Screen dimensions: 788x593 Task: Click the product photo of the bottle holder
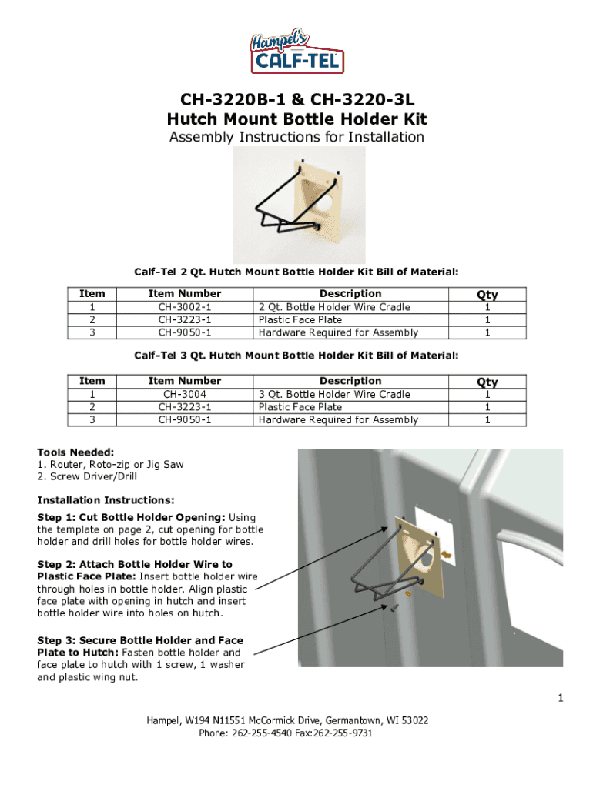pyautogui.click(x=299, y=204)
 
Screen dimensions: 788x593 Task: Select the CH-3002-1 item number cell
pyautogui.click(x=184, y=307)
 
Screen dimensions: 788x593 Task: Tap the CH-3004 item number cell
pyautogui.click(x=184, y=394)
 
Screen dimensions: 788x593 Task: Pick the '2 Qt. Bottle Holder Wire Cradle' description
pyautogui.click(x=334, y=307)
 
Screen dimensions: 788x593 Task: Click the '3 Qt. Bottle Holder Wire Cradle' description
pyautogui.click(x=334, y=394)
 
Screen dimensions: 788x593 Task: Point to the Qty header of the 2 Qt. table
pyautogui.click(x=487, y=294)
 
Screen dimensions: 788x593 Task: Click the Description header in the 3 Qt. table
pyautogui.click(x=350, y=381)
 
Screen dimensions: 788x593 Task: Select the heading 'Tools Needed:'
pyautogui.click(x=75, y=452)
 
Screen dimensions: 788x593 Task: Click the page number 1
pyautogui.click(x=561, y=698)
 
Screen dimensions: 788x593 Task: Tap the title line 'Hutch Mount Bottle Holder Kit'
pyautogui.click(x=296, y=119)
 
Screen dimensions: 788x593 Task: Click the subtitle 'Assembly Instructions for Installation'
pyautogui.click(x=296, y=137)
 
